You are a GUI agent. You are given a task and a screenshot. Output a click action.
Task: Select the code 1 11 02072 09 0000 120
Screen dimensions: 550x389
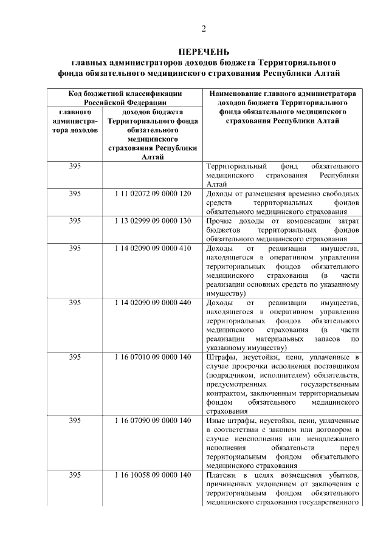tap(152, 193)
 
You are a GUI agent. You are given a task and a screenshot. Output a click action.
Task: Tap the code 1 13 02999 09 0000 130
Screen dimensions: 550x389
tap(152, 221)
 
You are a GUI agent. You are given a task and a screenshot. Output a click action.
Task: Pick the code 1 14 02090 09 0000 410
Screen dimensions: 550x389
tap(152, 248)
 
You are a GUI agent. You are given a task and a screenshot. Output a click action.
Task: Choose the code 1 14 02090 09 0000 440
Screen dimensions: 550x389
tap(152, 302)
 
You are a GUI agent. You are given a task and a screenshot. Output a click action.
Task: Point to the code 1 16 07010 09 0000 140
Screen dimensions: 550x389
tap(152, 357)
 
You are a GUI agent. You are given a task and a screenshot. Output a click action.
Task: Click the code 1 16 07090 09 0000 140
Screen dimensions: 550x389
tap(152, 421)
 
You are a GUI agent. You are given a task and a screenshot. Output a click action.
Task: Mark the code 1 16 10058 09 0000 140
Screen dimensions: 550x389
tap(152, 475)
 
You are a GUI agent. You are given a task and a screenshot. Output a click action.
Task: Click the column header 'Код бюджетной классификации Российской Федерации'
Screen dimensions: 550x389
tap(124, 98)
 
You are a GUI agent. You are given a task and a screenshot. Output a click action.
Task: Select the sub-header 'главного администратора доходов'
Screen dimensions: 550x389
tap(75, 122)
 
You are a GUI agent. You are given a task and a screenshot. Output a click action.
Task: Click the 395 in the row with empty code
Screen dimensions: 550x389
tap(75, 166)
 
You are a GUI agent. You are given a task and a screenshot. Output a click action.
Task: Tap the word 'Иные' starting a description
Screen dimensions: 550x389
tap(216, 421)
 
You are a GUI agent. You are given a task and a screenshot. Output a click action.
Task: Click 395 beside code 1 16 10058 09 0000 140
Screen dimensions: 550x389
tap(75, 475)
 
